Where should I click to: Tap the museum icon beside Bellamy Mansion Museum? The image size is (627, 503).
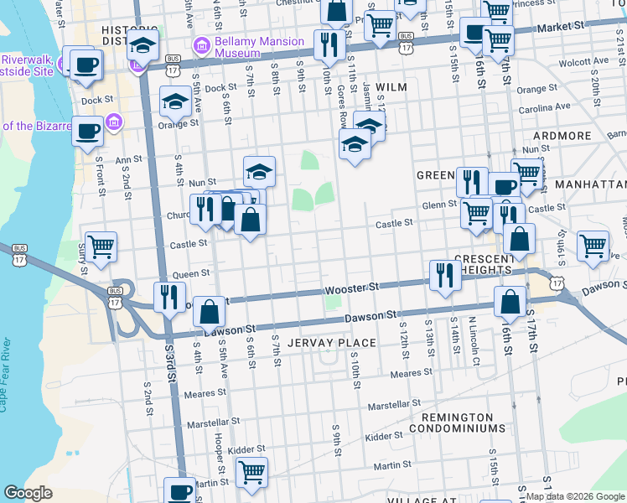pos(201,44)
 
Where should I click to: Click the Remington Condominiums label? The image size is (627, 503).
pos(458,423)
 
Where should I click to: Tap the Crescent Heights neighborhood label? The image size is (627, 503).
pos(495,264)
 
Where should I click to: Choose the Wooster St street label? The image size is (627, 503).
pos(348,288)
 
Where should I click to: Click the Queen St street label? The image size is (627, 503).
pos(189,274)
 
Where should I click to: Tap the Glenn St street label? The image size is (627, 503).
pos(439,205)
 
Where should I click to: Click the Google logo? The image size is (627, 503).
pos(28,493)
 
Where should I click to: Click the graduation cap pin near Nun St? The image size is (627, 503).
pos(260,172)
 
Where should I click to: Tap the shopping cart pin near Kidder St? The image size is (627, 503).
pos(251,472)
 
